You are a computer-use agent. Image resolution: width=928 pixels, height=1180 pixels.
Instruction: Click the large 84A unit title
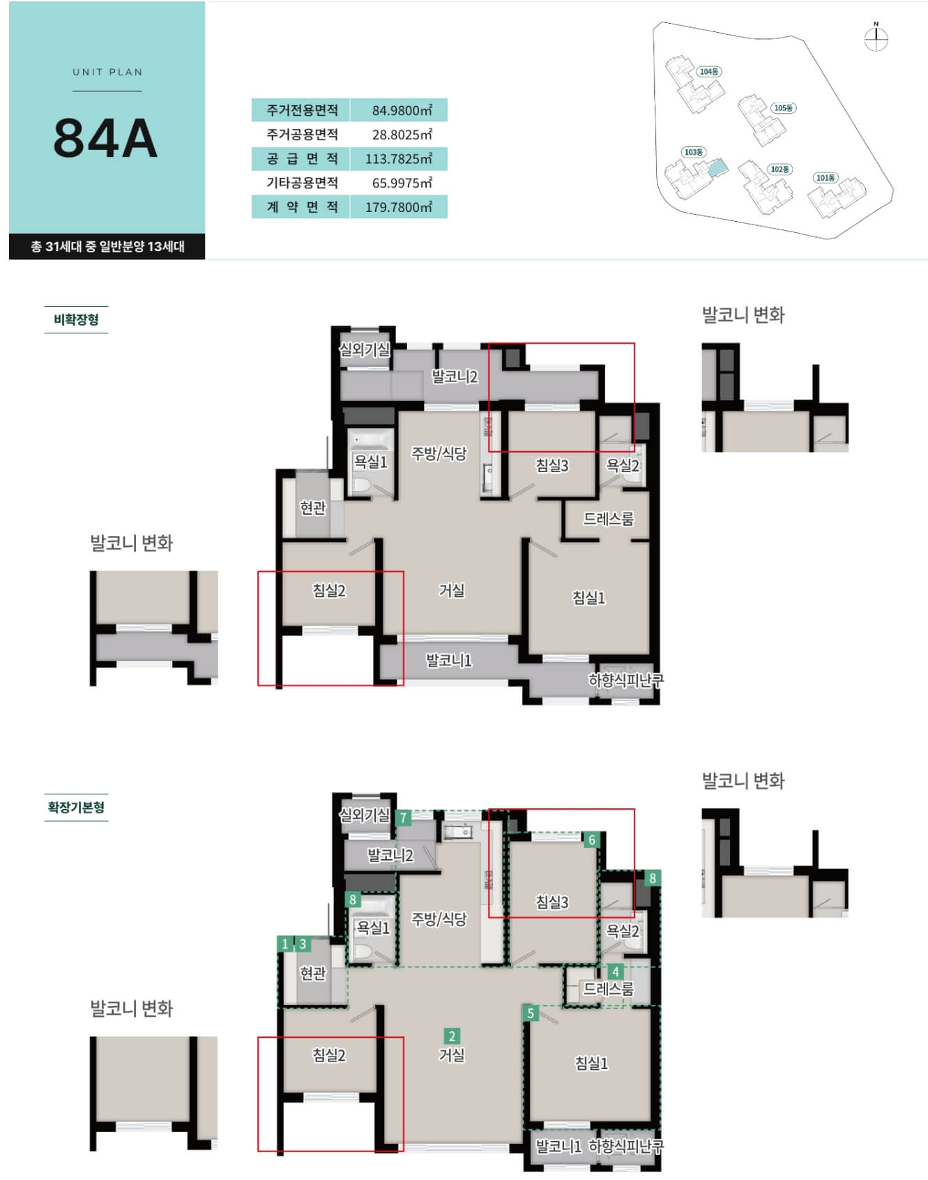pyautogui.click(x=105, y=138)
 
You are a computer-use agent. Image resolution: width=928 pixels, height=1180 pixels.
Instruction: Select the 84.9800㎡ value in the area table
pyautogui.click(x=402, y=110)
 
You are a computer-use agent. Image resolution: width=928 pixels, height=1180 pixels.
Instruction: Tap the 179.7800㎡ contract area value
pyautogui.click(x=398, y=207)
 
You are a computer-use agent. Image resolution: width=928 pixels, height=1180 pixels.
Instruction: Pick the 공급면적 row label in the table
pyautogui.click(x=302, y=159)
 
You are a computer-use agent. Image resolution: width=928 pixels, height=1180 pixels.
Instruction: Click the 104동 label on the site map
pyautogui.click(x=709, y=72)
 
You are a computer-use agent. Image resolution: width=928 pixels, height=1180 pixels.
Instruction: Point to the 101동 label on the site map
pyautogui.click(x=826, y=178)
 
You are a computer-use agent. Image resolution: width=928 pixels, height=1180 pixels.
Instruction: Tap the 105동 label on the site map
pyautogui.click(x=784, y=108)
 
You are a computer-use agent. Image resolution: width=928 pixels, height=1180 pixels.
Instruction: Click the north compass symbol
pyautogui.click(x=876, y=38)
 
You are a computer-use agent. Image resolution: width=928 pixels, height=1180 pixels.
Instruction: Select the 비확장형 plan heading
pyautogui.click(x=76, y=320)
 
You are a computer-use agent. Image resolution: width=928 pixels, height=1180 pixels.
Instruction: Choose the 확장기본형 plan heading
pyautogui.click(x=76, y=808)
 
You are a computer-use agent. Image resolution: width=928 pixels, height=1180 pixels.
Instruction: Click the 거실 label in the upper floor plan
pyautogui.click(x=452, y=591)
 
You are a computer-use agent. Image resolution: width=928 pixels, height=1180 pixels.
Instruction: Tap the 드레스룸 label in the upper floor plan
pyautogui.click(x=609, y=519)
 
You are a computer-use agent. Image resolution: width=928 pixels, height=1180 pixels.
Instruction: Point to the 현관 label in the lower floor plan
pyautogui.click(x=312, y=972)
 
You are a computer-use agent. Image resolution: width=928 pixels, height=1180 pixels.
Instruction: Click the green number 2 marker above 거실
pyautogui.click(x=452, y=1036)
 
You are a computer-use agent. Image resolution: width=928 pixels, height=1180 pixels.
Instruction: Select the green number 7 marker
pyautogui.click(x=403, y=818)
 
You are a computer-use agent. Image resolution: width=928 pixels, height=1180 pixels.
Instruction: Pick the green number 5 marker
pyautogui.click(x=531, y=1013)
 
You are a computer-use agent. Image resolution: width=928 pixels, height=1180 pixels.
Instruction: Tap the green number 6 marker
pyautogui.click(x=591, y=840)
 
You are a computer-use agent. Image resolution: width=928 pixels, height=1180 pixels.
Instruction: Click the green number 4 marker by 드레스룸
pyautogui.click(x=615, y=971)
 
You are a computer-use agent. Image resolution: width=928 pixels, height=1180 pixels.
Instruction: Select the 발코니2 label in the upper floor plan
pyautogui.click(x=455, y=377)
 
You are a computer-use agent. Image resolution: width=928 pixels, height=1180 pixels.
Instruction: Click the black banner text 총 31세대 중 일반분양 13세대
pyautogui.click(x=107, y=246)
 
